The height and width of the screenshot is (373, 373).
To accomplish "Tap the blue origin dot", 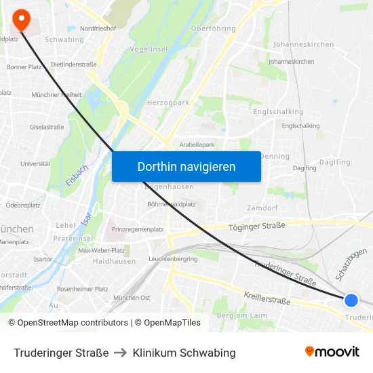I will [351, 300].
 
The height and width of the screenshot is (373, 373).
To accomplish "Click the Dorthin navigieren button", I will [186, 166].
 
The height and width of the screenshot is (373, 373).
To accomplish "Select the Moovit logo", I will [332, 352].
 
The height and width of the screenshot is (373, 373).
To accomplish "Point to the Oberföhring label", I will [214, 29].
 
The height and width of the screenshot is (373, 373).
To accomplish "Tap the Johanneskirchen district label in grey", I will [303, 44].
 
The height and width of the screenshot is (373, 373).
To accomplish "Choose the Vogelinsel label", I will [149, 50].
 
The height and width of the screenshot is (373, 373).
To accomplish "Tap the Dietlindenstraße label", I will [74, 64].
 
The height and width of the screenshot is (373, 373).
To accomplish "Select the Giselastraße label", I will [47, 127].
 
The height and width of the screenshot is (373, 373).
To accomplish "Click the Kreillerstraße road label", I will [268, 296].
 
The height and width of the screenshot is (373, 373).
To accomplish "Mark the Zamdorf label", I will [262, 208].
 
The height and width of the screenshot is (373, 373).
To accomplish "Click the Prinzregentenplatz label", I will [138, 230].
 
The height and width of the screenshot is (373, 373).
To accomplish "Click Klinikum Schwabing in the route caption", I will [184, 353].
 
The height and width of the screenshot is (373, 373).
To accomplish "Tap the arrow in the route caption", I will [121, 353].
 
